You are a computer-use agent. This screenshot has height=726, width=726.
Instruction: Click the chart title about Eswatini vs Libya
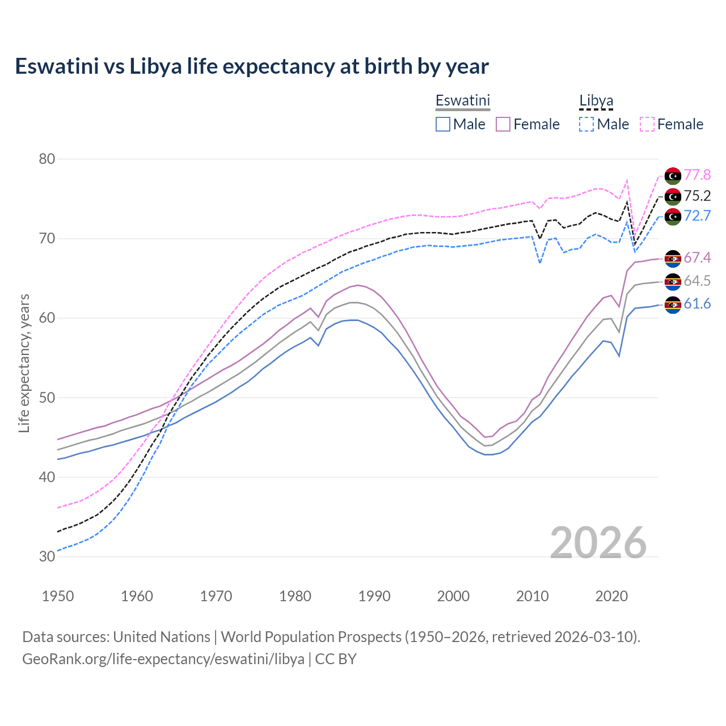251,66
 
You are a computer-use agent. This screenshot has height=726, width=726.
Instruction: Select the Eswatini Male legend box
443,124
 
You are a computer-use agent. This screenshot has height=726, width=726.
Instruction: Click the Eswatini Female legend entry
527,124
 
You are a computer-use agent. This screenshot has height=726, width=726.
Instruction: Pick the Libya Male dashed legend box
586,124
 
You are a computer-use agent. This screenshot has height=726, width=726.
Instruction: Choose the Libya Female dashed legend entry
672,124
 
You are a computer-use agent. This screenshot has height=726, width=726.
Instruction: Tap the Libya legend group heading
596,101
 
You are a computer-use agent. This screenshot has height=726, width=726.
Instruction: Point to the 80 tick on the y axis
47,159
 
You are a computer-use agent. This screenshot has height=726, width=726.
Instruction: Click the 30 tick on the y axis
47,556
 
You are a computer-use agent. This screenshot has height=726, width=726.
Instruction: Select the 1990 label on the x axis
374,596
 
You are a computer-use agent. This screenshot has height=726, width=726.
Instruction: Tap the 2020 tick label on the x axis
611,596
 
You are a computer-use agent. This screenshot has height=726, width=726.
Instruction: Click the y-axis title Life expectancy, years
24,363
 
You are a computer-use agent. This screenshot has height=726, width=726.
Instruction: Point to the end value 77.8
697,175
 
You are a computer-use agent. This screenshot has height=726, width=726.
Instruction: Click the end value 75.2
697,196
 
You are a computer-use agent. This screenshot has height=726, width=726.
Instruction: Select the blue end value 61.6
697,304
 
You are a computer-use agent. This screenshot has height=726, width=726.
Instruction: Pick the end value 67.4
697,258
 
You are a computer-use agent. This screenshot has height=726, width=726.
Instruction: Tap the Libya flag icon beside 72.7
673,216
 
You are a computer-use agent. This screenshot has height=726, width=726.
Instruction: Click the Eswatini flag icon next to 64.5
673,281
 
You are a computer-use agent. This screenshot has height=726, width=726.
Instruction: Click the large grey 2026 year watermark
598,543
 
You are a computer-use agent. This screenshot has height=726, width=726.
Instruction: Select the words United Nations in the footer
162,636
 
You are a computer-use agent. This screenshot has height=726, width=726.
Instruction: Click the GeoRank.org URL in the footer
163,659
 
